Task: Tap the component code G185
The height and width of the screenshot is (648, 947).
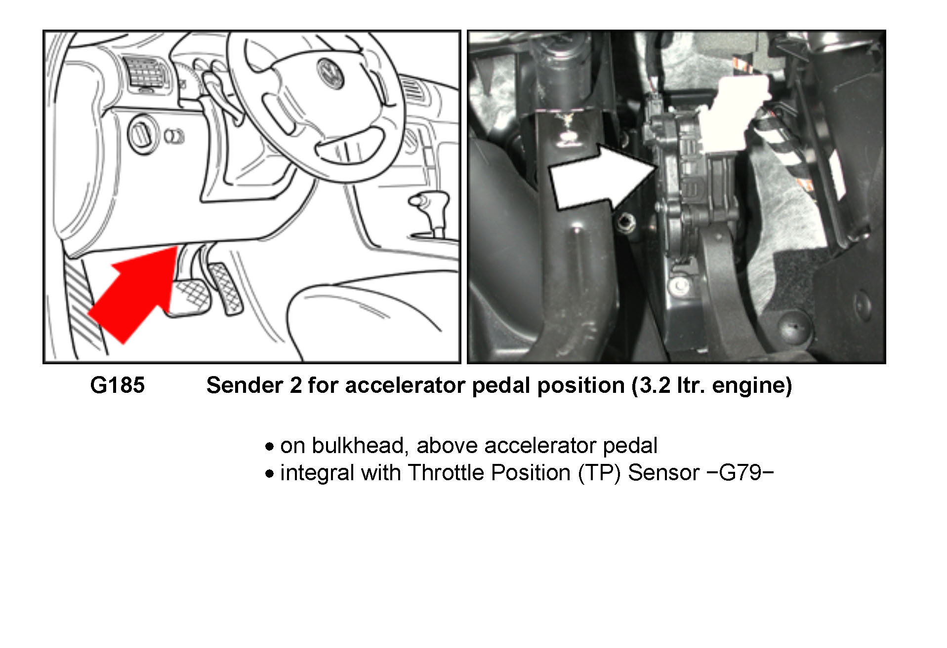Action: tap(118, 385)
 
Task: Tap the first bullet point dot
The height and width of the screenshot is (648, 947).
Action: tap(269, 447)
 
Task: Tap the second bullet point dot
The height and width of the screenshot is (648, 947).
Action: tap(269, 474)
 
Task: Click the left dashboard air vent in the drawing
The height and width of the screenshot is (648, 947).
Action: tap(144, 75)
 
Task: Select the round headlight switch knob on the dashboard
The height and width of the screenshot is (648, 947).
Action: tap(142, 134)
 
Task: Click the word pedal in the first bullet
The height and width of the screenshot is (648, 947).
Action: tap(630, 446)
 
